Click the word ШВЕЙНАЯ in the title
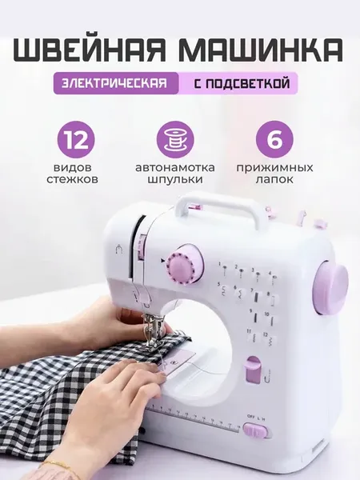coord(91,51)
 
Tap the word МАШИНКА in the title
coord(263,51)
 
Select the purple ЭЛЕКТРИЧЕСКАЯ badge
coord(116,83)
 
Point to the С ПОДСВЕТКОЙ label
coord(242,83)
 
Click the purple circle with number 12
coord(75,139)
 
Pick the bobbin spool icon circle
coord(175,139)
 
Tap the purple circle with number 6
coord(274,139)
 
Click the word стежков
coord(73,179)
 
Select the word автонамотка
coord(175,168)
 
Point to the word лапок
coord(274,179)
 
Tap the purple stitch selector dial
coord(180,266)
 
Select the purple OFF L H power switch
coord(255,430)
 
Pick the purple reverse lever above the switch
coord(254,370)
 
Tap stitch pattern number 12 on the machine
coord(270,338)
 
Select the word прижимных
coord(274,168)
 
